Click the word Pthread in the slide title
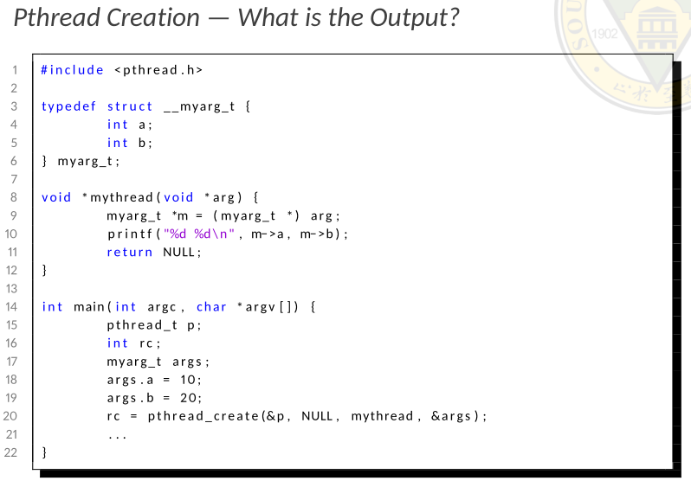pos(57,17)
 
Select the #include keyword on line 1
pos(72,70)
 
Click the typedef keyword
pos(68,106)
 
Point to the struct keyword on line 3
pos(130,106)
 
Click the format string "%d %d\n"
pos(200,234)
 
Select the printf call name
pos(130,234)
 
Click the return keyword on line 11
pos(130,252)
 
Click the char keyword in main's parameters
pos(211,306)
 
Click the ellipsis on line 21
pos(117,434)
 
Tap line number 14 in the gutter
pos(12,306)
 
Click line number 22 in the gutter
pos(12,452)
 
